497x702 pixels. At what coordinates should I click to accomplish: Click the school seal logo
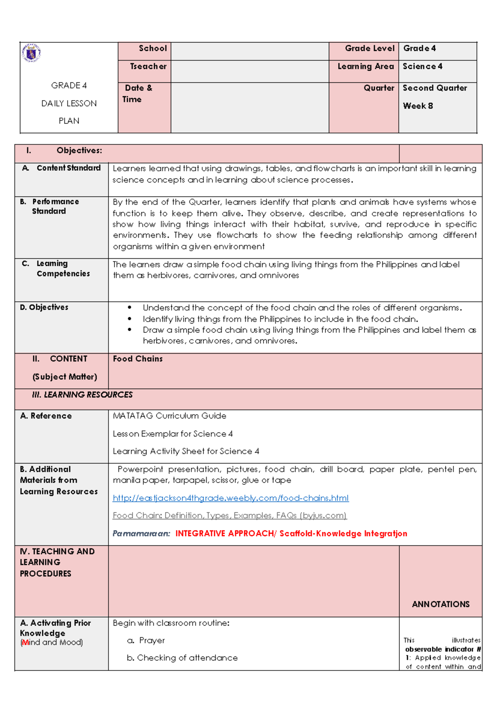point(31,53)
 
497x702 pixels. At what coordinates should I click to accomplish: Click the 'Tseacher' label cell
point(148,67)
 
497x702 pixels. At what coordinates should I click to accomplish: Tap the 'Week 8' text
point(417,106)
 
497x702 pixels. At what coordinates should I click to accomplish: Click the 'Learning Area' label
point(365,67)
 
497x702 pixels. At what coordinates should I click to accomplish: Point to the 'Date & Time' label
point(138,94)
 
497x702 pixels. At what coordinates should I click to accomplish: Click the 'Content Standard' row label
point(68,168)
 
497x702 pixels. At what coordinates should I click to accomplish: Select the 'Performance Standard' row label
point(55,206)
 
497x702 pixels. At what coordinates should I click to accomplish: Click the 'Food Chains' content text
point(138,359)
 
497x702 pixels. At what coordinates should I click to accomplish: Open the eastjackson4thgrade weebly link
point(230,498)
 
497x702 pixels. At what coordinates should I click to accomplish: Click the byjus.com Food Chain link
point(229,515)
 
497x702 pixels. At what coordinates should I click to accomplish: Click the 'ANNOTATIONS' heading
point(440,604)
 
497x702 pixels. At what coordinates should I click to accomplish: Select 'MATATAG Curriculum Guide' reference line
point(169,416)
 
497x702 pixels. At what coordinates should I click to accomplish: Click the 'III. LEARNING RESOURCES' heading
point(82,395)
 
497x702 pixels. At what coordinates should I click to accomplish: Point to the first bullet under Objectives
point(302,308)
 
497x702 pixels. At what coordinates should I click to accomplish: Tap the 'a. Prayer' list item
point(146,640)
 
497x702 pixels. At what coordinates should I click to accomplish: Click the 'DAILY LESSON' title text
point(69,103)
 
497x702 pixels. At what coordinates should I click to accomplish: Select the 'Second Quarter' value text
point(434,88)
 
